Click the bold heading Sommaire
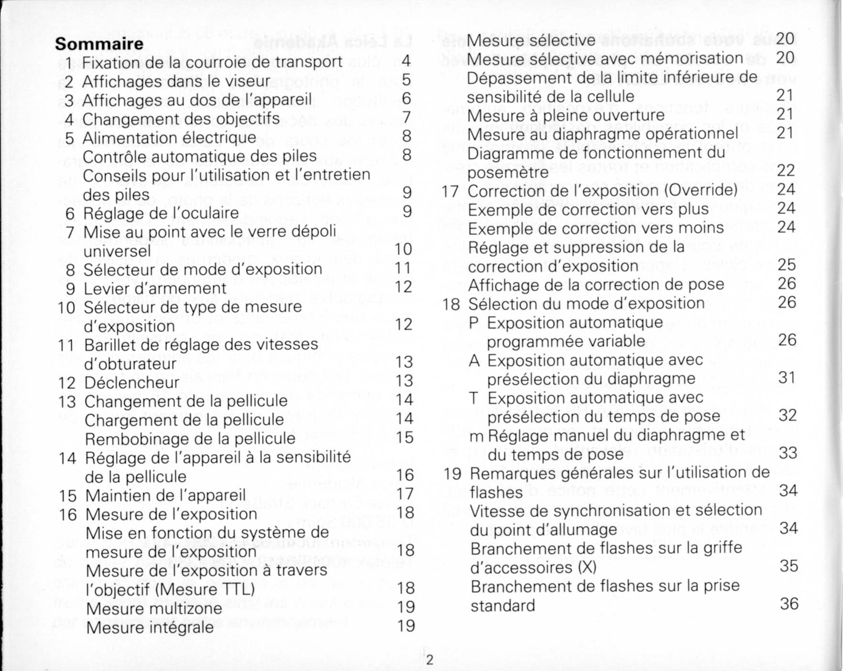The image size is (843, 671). pyautogui.click(x=99, y=44)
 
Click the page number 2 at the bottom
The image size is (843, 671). pyautogui.click(x=429, y=660)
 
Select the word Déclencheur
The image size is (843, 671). pyautogui.click(x=132, y=382)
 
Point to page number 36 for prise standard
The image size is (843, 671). pyautogui.click(x=789, y=604)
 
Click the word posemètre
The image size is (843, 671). pyautogui.click(x=508, y=172)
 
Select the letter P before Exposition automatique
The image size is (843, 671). pyautogui.click(x=474, y=323)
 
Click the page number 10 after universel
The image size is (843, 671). pyautogui.click(x=403, y=249)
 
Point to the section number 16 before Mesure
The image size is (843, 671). pyautogui.click(x=68, y=515)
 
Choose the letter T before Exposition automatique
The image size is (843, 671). pyautogui.click(x=474, y=398)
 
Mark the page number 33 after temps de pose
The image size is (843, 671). pyautogui.click(x=788, y=453)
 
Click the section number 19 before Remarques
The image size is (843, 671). pyautogui.click(x=453, y=474)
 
